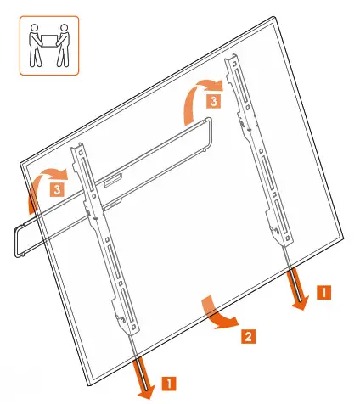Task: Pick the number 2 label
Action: point(246,336)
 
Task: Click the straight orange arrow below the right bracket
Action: point(297,292)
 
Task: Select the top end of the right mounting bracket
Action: point(228,59)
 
